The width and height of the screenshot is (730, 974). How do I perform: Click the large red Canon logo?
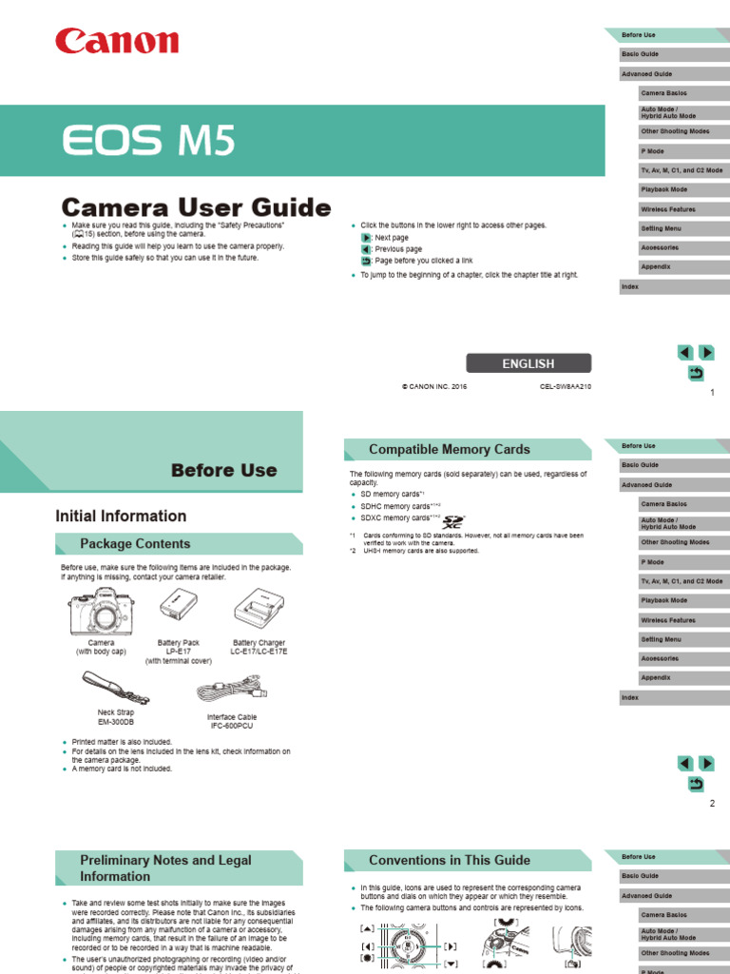117,41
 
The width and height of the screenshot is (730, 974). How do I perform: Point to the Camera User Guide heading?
196,207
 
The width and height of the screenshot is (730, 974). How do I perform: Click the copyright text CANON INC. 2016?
434,387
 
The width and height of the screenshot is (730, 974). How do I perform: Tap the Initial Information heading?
121,516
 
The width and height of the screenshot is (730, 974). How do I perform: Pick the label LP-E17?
178,652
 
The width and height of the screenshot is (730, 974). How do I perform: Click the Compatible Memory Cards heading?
449,449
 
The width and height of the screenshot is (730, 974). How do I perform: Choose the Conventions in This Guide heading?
450,860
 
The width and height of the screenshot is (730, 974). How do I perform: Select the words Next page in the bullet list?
392,238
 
